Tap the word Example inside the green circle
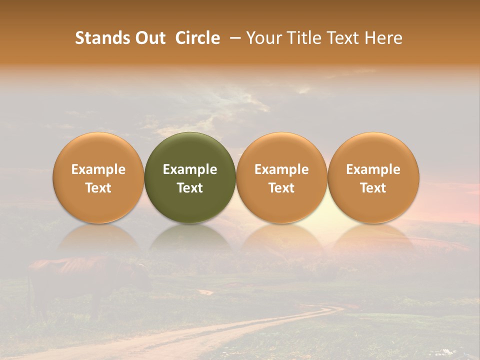click(190, 169)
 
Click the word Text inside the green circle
click(190, 188)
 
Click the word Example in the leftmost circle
click(98, 169)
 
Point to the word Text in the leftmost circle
click(98, 188)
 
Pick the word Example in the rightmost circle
click(373, 169)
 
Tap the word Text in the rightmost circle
click(373, 188)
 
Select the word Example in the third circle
click(281, 169)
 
